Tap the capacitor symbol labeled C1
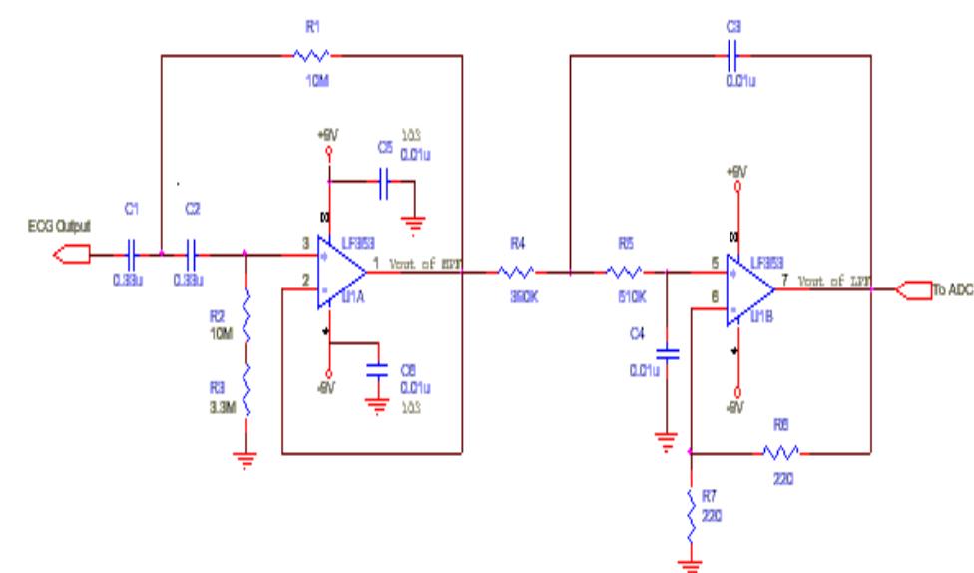coord(130,254)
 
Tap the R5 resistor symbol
coord(627,270)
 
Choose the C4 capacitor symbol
coord(669,354)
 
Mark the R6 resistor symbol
coord(780,453)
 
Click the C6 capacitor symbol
coord(376,370)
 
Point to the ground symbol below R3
coord(246,460)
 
